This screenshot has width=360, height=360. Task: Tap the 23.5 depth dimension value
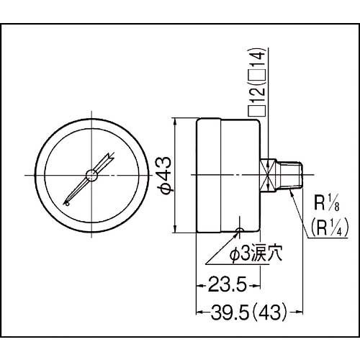coord(223,284)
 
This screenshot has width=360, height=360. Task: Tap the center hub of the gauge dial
coord(91,175)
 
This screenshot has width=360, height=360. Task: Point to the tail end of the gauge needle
coord(66,204)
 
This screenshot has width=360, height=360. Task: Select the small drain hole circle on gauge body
coord(240,230)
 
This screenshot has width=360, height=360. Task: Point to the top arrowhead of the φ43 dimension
coord(176,120)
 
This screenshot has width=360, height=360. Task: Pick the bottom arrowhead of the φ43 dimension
coord(176,230)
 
